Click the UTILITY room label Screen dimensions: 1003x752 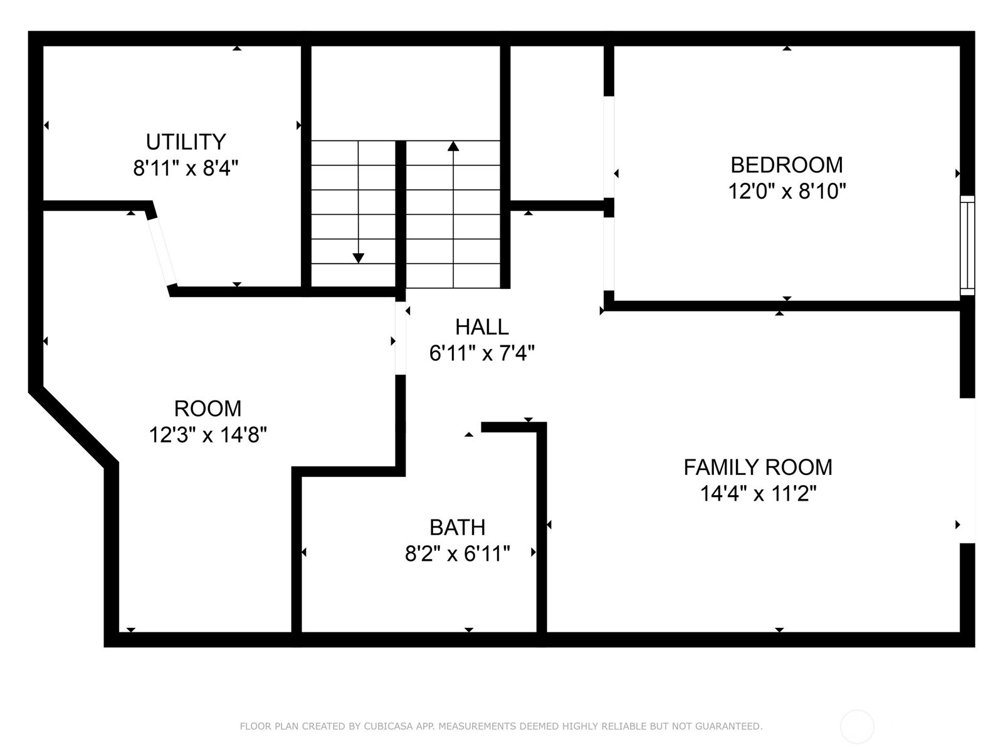coord(186,142)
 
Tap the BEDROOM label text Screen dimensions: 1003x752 coord(786,165)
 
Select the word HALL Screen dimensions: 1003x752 coord(481,327)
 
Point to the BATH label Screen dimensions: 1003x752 coord(457,528)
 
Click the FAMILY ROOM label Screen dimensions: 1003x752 coord(758,467)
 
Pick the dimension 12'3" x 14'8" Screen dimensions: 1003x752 coord(208,435)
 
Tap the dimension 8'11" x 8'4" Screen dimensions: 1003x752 coord(186,168)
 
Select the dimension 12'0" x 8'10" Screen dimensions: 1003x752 coord(786,191)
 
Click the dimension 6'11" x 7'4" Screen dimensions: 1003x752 coord(481,353)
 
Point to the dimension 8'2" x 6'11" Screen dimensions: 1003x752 coord(457,554)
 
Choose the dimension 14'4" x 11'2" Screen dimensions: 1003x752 coord(758,494)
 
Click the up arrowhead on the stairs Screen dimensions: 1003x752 coord(453,146)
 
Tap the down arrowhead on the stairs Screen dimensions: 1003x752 coord(358,258)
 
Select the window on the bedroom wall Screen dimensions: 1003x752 coord(967,246)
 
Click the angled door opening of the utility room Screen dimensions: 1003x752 coord(161,251)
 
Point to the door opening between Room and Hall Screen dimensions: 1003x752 coord(401,338)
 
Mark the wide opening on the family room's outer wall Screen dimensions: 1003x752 coord(967,471)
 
